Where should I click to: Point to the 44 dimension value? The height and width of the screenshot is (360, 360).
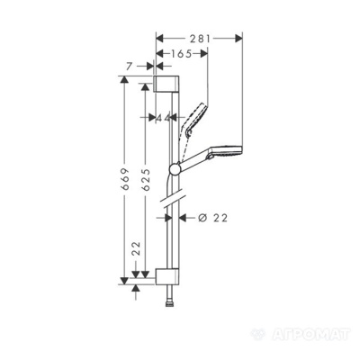click(x=163, y=117)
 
